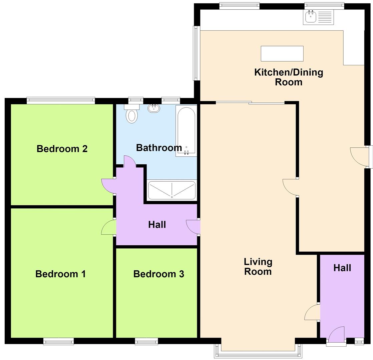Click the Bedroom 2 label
62,149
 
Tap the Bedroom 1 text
60,274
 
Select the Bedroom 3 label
159,274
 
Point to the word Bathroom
159,148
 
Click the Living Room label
258,267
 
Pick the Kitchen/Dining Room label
289,77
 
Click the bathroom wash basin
154,108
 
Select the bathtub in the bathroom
186,131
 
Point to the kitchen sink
319,17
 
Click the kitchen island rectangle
282,54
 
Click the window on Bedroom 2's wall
61,101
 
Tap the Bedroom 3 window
146,341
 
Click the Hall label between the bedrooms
157,225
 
